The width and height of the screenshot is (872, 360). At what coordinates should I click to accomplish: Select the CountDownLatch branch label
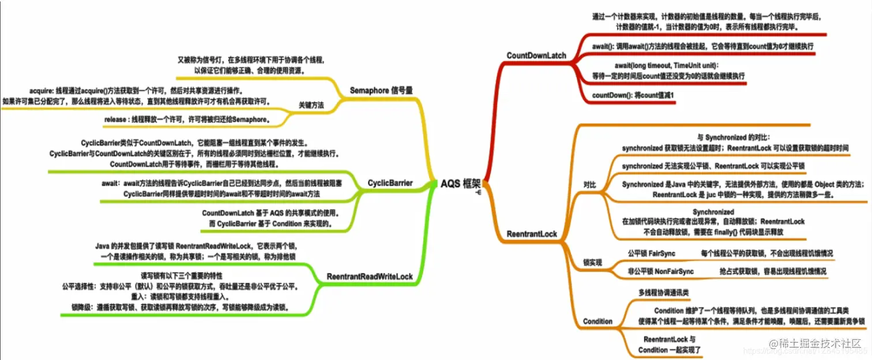click(x=536, y=55)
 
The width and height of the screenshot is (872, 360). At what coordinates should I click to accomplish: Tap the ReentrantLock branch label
click(x=531, y=234)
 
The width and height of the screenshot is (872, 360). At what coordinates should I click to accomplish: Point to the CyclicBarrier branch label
click(x=390, y=183)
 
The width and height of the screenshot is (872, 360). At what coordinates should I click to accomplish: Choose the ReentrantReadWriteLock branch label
click(x=369, y=277)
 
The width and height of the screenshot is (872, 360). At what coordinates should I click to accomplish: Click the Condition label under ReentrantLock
click(x=597, y=321)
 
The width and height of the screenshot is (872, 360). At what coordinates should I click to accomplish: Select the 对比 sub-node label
click(x=590, y=185)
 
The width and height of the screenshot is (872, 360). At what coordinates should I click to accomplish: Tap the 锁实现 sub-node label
click(x=592, y=262)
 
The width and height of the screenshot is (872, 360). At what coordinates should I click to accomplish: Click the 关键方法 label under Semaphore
click(x=311, y=105)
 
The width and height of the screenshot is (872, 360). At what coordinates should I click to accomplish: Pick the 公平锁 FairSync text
click(x=651, y=253)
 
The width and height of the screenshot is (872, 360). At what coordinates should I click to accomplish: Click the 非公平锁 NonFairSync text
click(x=660, y=271)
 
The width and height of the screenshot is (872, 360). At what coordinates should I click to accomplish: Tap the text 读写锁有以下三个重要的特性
click(x=182, y=275)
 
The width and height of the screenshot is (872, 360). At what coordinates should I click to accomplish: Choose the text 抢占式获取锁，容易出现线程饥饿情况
click(x=773, y=271)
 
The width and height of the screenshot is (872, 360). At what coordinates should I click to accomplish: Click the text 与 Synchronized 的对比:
click(x=733, y=137)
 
